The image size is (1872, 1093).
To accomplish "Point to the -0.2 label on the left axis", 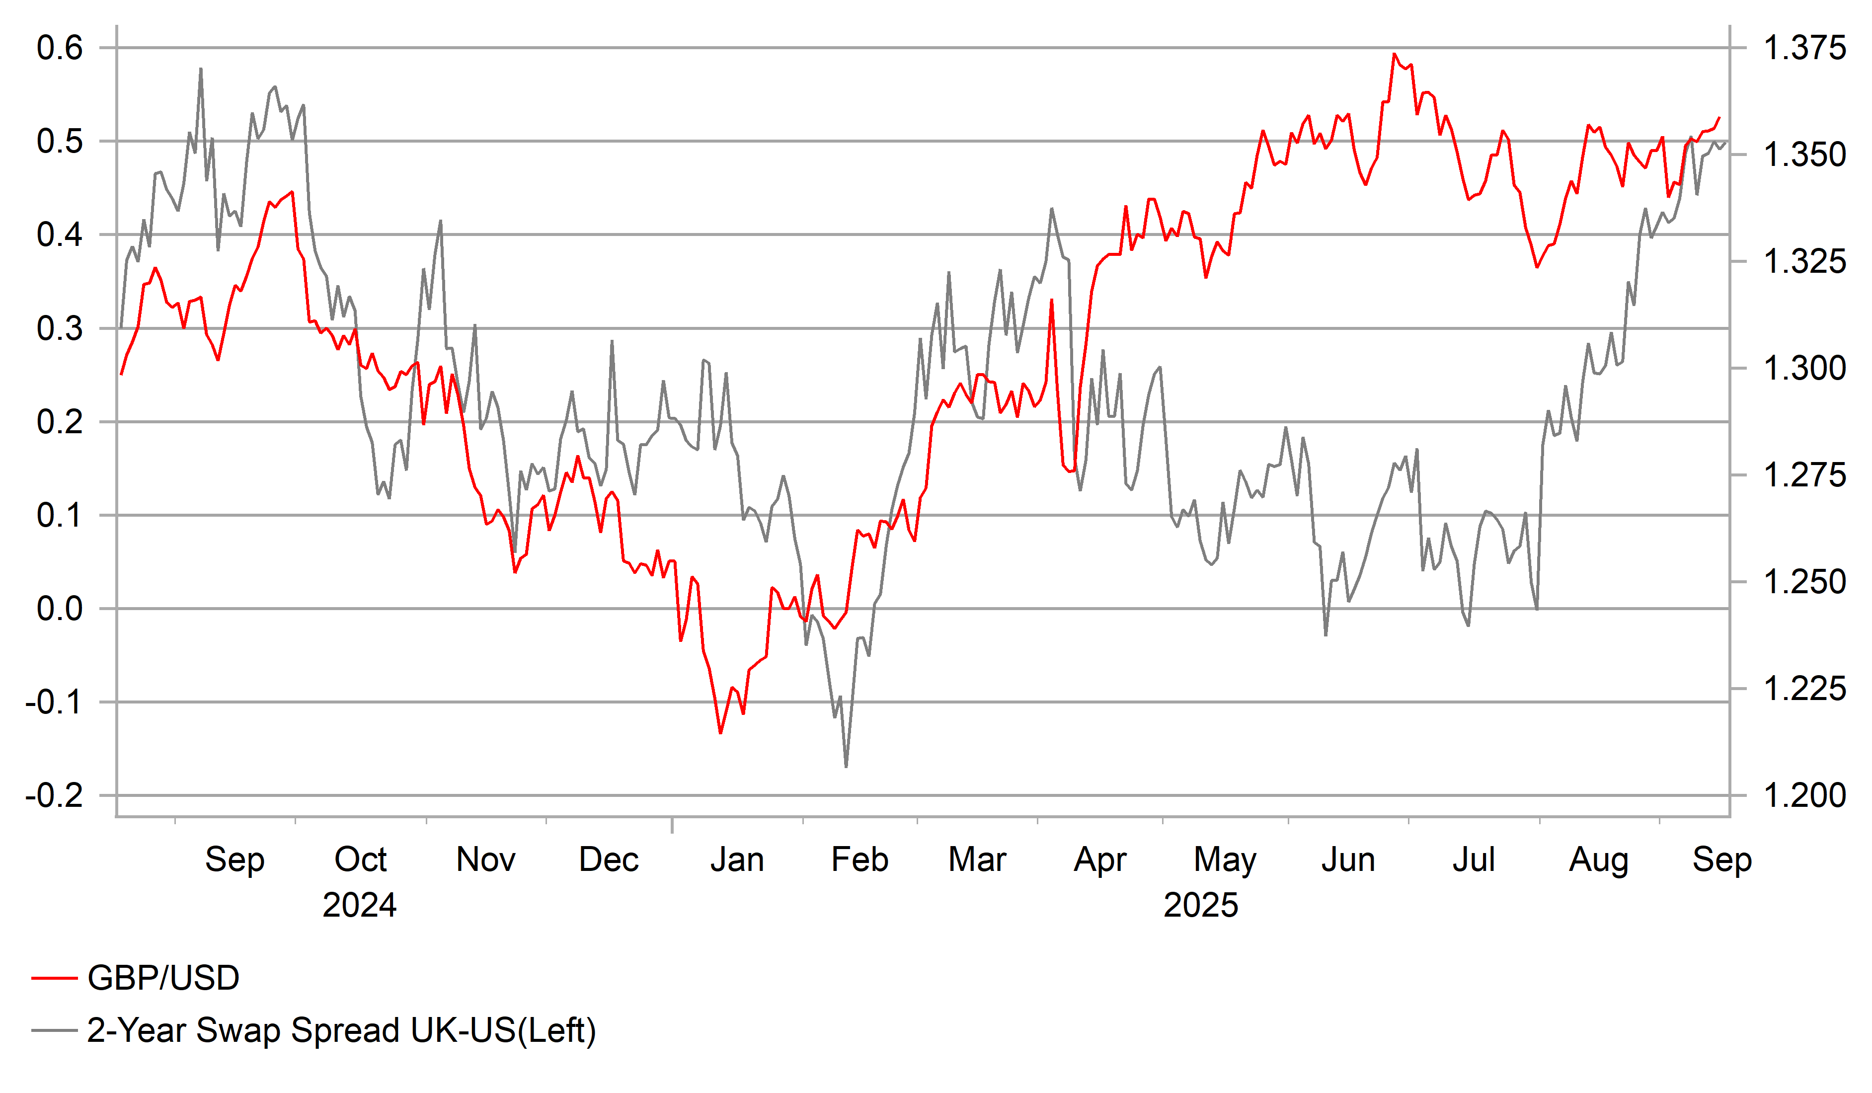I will click(x=54, y=796).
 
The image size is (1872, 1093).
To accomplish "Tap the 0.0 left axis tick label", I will click(x=60, y=609).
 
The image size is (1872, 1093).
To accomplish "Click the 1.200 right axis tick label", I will click(x=1803, y=796).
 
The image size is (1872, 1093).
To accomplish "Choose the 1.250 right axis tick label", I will click(x=1803, y=582).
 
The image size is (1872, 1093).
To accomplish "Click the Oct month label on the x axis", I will click(x=360, y=859).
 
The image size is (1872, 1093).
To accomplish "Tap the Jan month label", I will click(x=737, y=859).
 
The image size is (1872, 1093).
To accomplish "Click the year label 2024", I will click(x=360, y=905).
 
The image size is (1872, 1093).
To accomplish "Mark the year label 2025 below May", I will click(x=1200, y=905).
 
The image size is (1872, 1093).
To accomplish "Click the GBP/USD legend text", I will click(x=163, y=978).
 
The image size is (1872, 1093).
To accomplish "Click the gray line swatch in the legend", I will click(x=54, y=1030).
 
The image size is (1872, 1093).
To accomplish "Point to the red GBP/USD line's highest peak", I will click(x=1395, y=54).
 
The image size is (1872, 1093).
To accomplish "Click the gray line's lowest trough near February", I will click(x=846, y=766).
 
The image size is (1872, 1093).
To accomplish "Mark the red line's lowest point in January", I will click(x=720, y=733).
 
